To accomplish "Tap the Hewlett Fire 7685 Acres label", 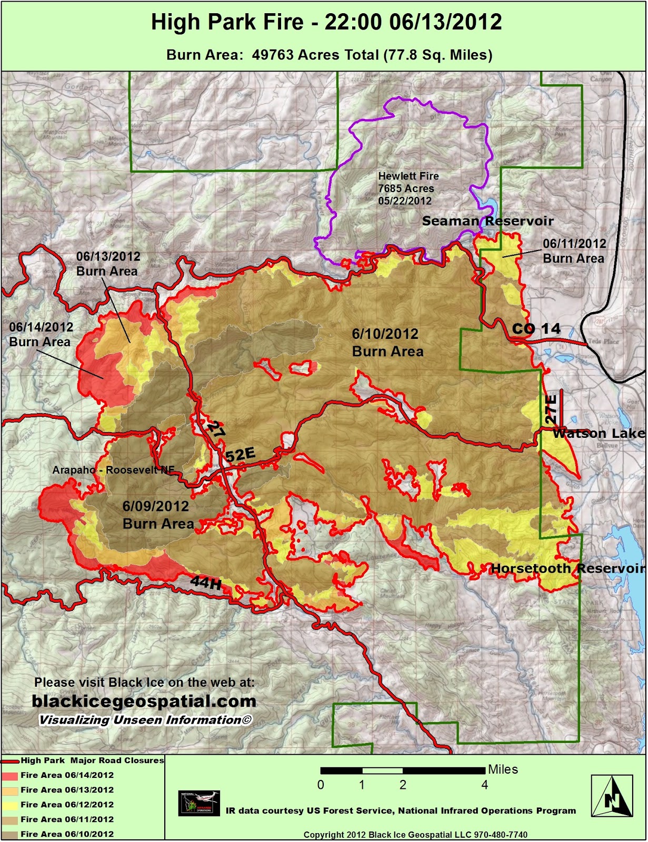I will tap(408, 188).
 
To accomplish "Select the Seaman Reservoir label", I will tap(487, 221).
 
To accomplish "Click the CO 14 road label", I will tap(536, 329).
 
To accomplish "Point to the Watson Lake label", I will tap(599, 434).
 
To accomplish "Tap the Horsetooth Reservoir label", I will tap(567, 569).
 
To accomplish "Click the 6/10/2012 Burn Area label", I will tap(386, 342).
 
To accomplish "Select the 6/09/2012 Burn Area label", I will tap(157, 515).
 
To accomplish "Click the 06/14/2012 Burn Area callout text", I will tap(41, 334).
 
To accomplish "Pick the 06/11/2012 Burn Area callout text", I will tap(574, 250).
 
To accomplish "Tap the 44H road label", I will tap(205, 583).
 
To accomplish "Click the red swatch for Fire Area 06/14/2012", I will tap(10, 775).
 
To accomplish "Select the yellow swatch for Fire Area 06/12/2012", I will tap(10, 805).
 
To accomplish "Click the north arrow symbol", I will tap(611, 796).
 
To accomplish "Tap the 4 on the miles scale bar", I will tap(484, 785).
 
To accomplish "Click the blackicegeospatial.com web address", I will tap(144, 701).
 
